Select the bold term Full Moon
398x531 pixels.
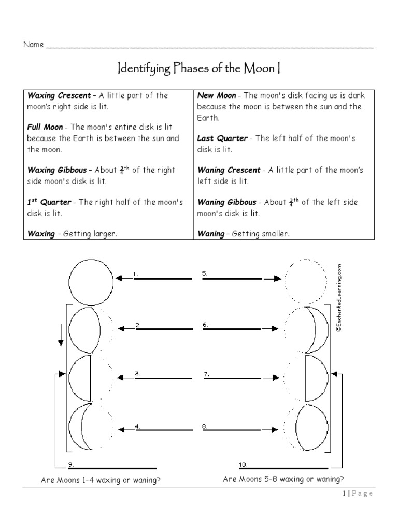[45, 127]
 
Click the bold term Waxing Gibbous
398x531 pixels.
[57, 170]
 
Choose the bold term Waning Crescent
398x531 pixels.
[229, 170]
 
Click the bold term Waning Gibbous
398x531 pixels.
[227, 202]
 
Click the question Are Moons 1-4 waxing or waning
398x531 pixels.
[101, 480]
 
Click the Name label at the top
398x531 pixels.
[34, 45]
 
